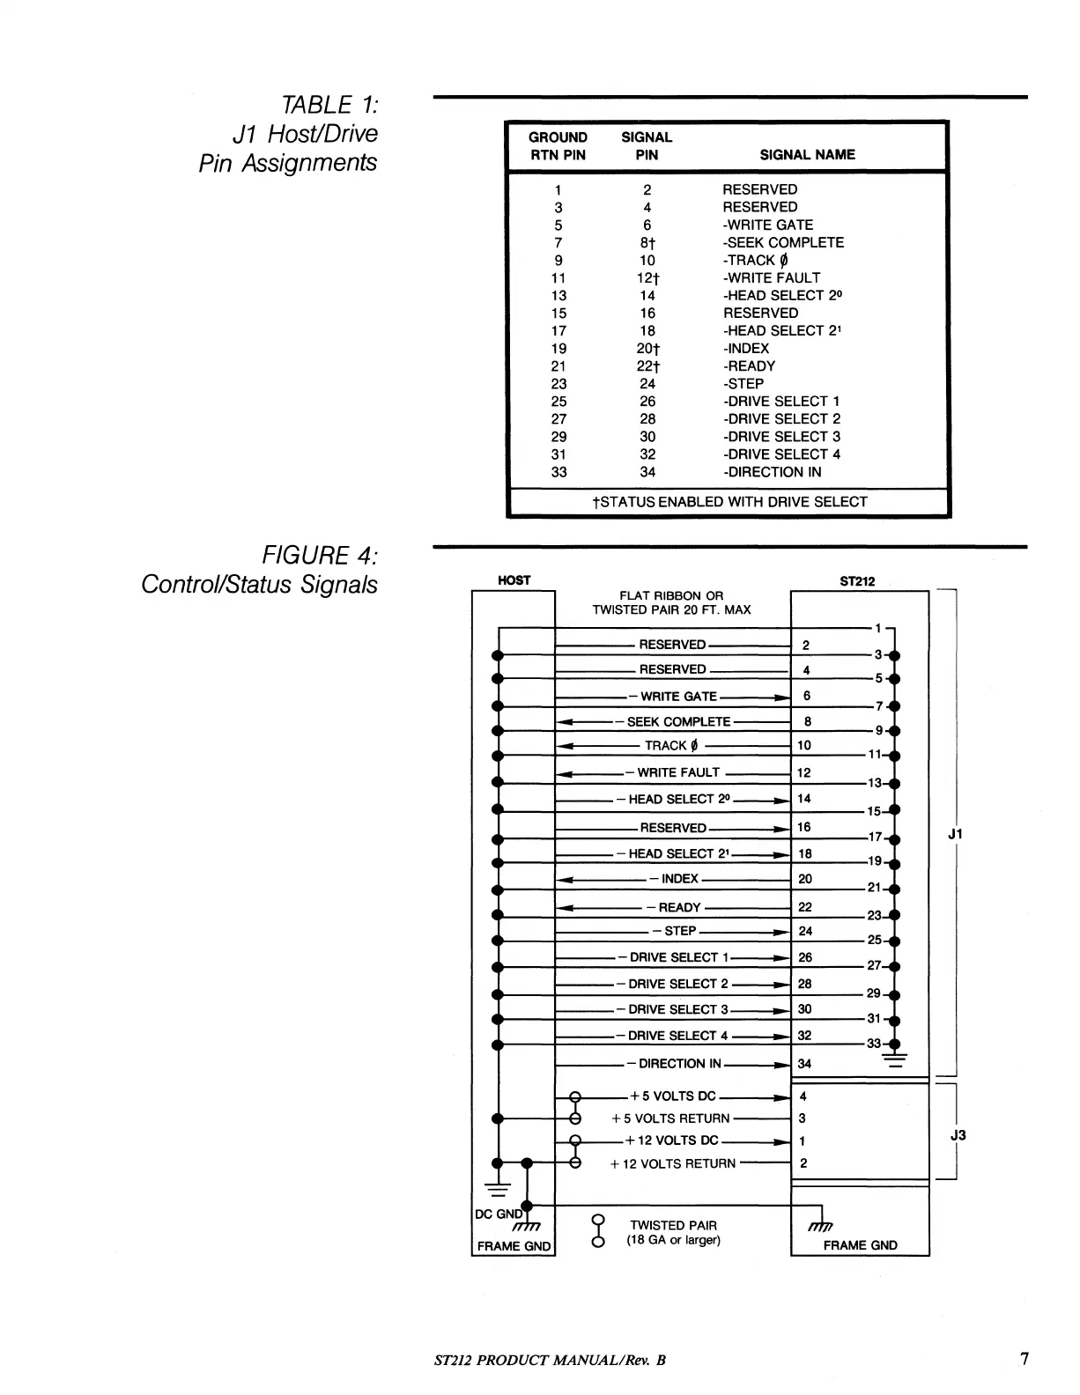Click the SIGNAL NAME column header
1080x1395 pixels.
pos(807,154)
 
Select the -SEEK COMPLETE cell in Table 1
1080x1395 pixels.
pos(783,242)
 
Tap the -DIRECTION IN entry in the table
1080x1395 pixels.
pos(772,472)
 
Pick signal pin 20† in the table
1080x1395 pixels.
pos(648,349)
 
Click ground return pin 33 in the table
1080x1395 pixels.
pos(558,472)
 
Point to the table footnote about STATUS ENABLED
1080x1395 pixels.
pos(729,502)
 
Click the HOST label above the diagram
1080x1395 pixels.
pos(514,580)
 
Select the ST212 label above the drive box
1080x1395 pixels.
pos(858,581)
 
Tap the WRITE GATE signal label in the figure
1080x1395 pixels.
pos(678,697)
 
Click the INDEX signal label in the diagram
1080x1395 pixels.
pos(678,879)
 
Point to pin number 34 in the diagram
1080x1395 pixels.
pos(804,1064)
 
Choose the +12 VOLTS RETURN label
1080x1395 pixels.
pos(673,1164)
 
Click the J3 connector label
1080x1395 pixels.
pos(958,1135)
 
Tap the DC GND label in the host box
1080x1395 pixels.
pos(499,1214)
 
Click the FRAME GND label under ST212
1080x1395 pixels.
pos(860,1245)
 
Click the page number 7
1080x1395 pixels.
pos(1024,1359)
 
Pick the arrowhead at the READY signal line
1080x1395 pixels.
pos(567,908)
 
